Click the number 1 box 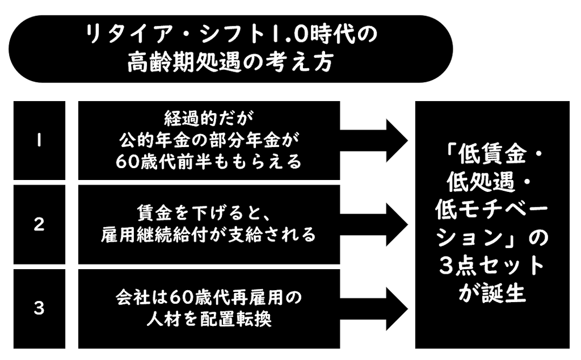click(39, 140)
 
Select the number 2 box click(39, 225)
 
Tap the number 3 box click(39, 309)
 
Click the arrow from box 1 click(373, 140)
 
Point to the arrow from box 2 click(373, 225)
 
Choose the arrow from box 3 click(373, 309)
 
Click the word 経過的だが click(209, 119)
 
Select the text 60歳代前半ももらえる click(209, 162)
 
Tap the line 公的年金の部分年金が click(209, 140)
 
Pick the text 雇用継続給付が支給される click(209, 235)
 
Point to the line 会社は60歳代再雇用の click(209, 298)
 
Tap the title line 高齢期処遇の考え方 click(230, 62)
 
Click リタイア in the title click(129, 35)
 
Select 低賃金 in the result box click(492, 154)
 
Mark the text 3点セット click(492, 266)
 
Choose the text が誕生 click(492, 293)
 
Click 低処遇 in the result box click(481, 182)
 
